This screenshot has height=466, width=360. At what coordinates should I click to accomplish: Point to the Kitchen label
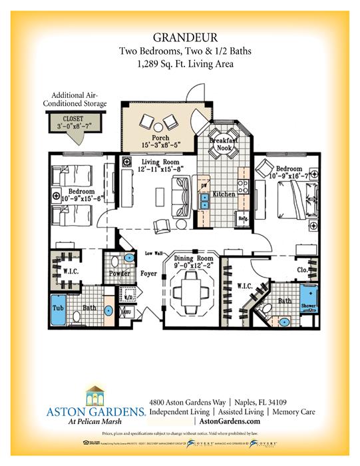[222, 194]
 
